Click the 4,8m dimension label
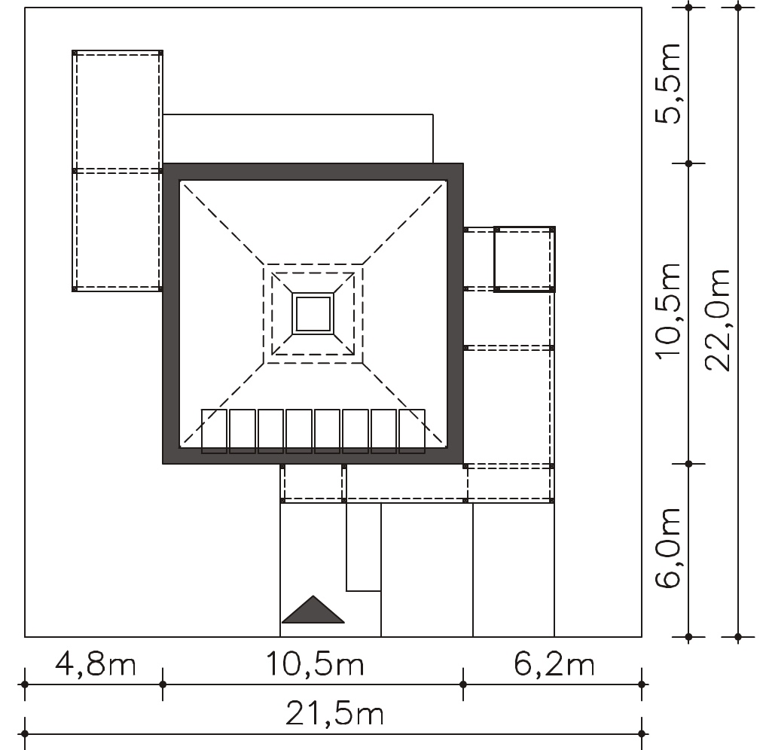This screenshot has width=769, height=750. coord(95,663)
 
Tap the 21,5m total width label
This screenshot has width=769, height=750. coord(334,714)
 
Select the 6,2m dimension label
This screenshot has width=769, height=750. coord(554,663)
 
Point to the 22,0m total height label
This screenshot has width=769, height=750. coord(717,319)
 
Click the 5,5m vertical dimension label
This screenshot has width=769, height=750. coord(668,84)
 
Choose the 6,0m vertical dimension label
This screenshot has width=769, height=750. coord(668,547)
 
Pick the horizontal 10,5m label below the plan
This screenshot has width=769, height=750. coord(315,663)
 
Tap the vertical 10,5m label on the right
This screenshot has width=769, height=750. coord(668,312)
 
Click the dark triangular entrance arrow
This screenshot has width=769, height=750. coord(313,610)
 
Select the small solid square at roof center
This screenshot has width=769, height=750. coord(313,314)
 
